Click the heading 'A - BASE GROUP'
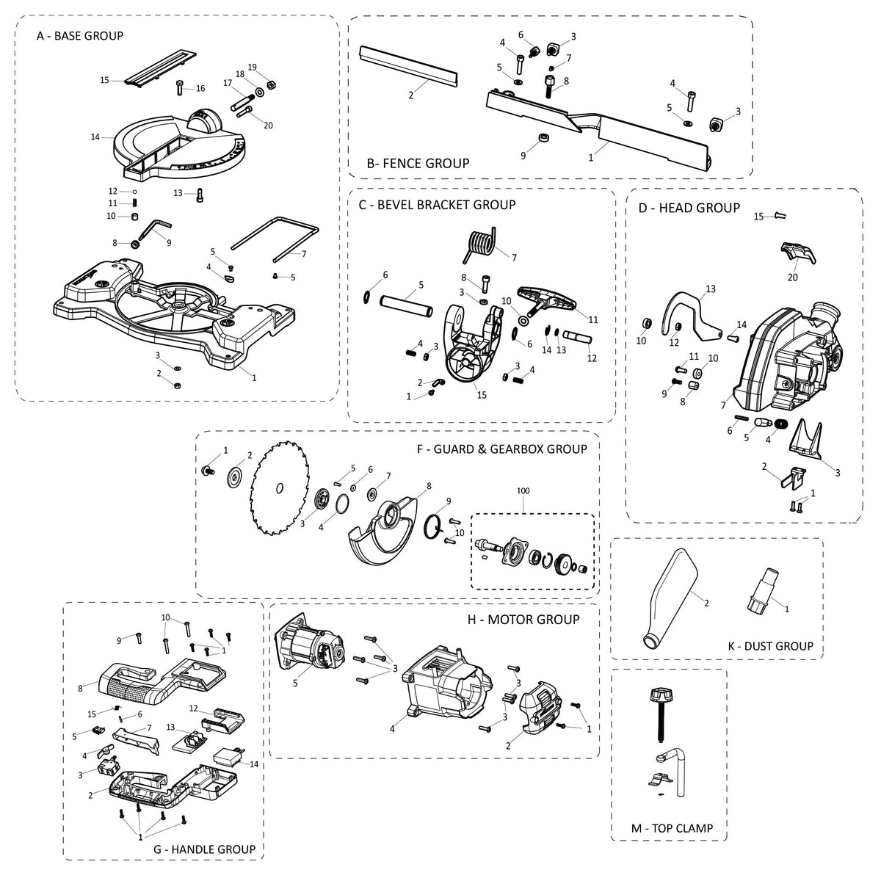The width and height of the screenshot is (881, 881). (x=80, y=35)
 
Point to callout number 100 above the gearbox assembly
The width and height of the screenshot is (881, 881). (x=522, y=490)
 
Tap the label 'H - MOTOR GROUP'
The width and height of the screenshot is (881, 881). (x=523, y=619)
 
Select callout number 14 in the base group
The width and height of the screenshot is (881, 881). (x=95, y=137)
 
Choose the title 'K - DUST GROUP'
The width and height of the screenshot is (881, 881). (x=770, y=646)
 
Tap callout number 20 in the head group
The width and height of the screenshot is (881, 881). (x=792, y=278)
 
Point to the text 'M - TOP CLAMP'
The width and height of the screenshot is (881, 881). (x=672, y=828)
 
